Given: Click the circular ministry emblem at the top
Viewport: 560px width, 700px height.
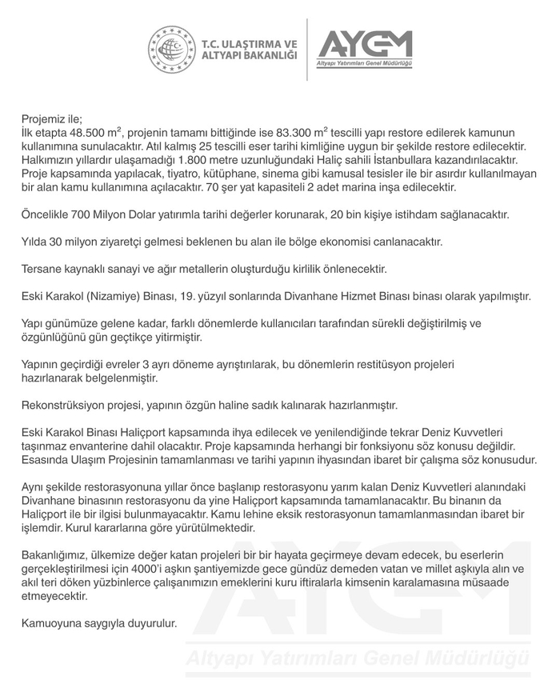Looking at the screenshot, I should pos(171,50).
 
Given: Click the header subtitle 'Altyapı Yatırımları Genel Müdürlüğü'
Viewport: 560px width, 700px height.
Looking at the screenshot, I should pos(365,64).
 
